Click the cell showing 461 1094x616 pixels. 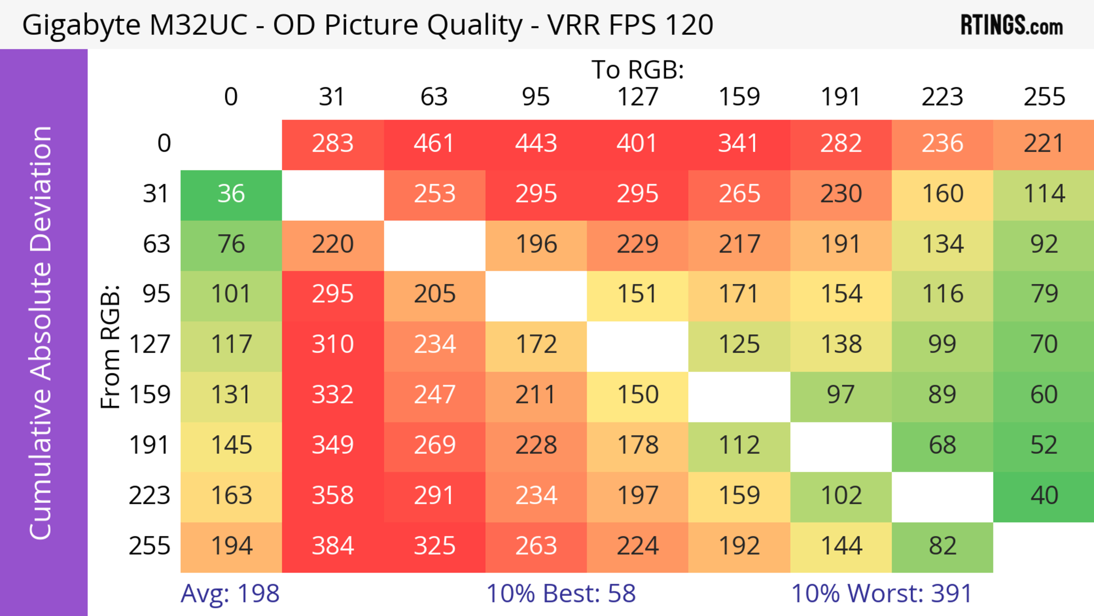coord(434,144)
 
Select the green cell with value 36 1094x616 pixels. coord(231,194)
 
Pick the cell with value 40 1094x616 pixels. coord(1044,496)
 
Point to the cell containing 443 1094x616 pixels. coord(536,144)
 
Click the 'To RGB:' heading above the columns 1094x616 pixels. coord(638,70)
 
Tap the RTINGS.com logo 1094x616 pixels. coord(1012,25)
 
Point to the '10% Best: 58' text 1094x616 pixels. coord(561,593)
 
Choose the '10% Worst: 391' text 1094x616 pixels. coord(882,593)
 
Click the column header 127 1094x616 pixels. coord(638,97)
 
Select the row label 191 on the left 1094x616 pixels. coord(150,445)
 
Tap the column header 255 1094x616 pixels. coord(1044,97)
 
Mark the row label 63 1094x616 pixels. coord(156,244)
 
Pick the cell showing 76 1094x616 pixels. coord(231,244)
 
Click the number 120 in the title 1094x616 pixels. coord(689,25)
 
